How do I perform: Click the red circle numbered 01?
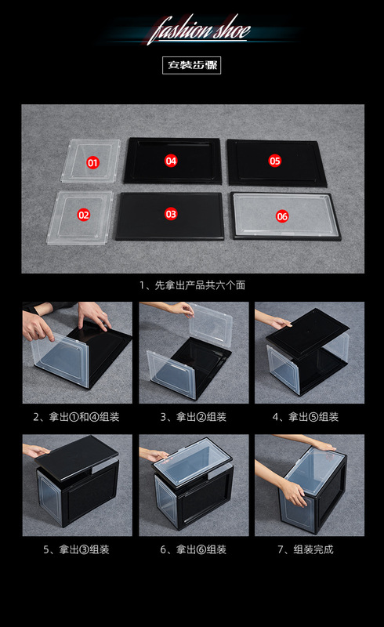92,163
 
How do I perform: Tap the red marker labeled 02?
84,215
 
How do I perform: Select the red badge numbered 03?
171,214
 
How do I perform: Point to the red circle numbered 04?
171,161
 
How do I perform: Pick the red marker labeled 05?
275,161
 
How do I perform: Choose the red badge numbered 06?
282,216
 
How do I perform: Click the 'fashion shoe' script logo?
199,29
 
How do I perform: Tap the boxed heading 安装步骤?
191,65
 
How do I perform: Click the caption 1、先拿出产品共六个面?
193,285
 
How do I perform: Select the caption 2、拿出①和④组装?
76,417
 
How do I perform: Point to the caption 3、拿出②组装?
194,417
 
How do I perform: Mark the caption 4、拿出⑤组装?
306,417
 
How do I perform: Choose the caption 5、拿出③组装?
76,549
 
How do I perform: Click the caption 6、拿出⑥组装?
194,549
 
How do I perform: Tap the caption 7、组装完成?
306,549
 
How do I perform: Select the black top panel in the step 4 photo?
307,331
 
